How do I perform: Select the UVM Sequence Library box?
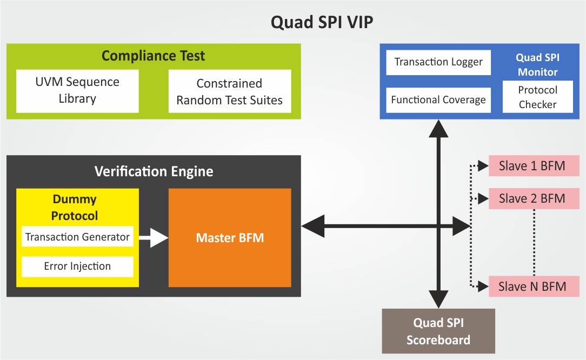point(77,90)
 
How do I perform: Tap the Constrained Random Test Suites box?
point(230,91)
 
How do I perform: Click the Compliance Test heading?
point(154,56)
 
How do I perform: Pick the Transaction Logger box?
point(438,62)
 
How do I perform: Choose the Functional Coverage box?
point(438,100)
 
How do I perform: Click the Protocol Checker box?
point(537,97)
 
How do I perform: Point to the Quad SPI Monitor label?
point(537,64)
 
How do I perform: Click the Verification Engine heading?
point(154,171)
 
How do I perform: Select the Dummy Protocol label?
point(75,208)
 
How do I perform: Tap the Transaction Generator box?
point(77,236)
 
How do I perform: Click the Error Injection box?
point(77,266)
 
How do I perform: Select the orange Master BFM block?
point(230,237)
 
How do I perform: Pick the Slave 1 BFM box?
point(534,166)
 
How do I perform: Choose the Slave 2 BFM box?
point(534,198)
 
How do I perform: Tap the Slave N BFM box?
point(534,286)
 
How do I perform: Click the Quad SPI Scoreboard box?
point(438,331)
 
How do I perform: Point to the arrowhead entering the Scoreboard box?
point(438,299)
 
